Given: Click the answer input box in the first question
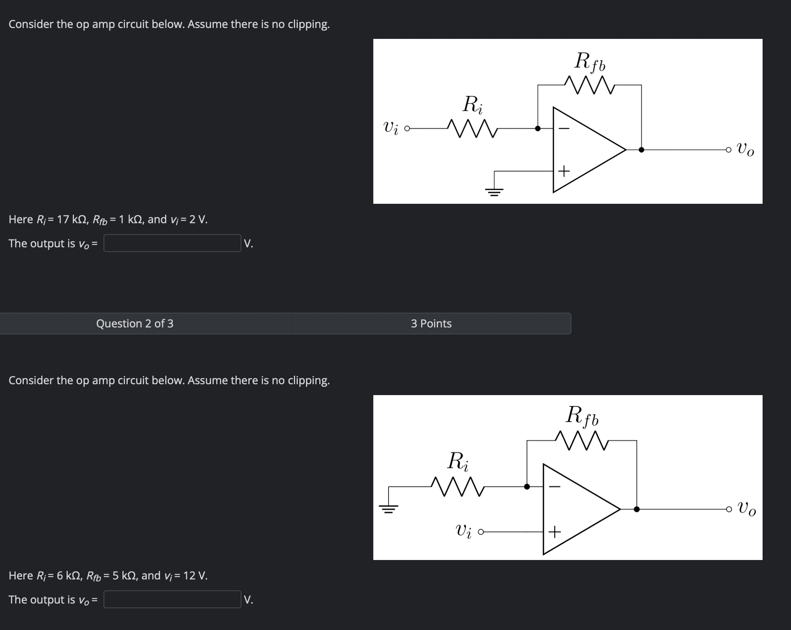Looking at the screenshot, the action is click(172, 243).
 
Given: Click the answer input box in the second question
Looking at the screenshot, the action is click(172, 599).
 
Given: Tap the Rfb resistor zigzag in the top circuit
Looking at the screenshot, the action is click(589, 85).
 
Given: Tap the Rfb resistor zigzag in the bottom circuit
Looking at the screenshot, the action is click(582, 441).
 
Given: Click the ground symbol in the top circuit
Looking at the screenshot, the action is click(494, 191).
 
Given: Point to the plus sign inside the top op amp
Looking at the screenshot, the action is click(564, 171).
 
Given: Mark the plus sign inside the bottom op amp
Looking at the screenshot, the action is click(554, 531).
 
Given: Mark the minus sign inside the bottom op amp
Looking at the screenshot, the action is click(554, 486).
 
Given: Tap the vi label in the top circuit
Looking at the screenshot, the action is click(391, 128).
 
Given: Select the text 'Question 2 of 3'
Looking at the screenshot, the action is click(135, 324).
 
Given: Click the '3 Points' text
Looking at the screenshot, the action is click(431, 324).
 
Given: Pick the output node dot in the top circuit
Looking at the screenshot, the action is click(642, 150).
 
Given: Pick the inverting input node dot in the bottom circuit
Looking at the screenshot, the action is click(527, 486).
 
